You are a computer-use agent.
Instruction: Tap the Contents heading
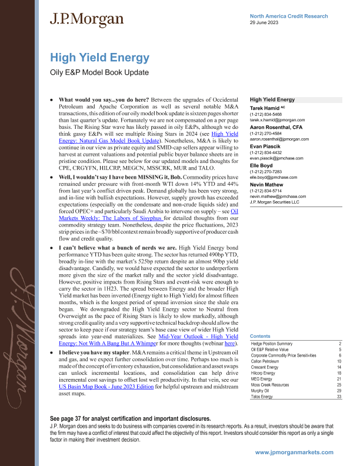pyautogui.click(x=261, y=335)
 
